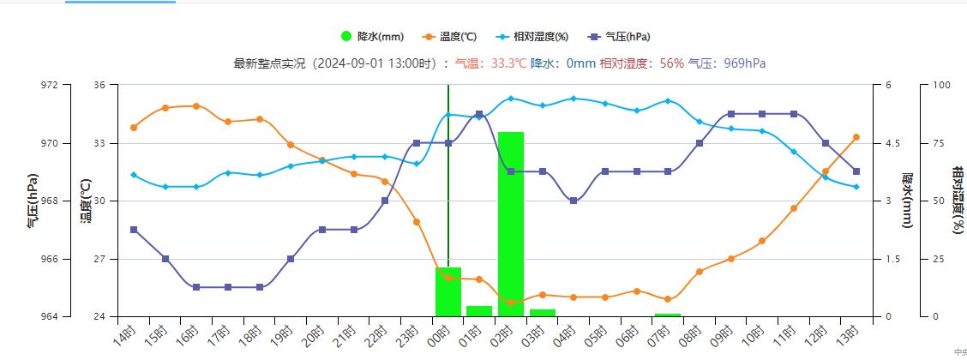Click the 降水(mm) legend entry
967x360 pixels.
(372, 37)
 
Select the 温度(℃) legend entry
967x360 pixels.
(452, 37)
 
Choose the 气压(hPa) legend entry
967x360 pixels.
(620, 37)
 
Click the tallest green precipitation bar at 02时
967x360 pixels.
(511, 223)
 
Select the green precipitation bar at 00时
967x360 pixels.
(448, 291)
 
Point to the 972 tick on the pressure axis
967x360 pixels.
(50, 85)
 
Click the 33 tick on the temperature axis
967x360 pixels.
(100, 143)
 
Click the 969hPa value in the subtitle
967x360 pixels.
(745, 63)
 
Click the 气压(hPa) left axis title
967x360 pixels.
(33, 201)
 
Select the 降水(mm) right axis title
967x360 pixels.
(907, 201)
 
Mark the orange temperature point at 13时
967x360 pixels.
(856, 137)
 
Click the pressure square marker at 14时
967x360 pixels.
(134, 230)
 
